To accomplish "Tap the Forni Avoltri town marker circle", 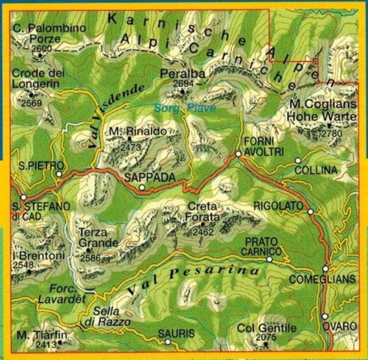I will coord(238,154).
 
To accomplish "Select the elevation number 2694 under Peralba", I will coord(182,84).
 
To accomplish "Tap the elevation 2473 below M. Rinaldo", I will coord(130,147).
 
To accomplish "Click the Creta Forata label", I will coord(204,212).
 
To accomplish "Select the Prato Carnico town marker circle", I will coord(269,259).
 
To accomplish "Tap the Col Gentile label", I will coord(266,328).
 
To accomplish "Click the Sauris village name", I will coord(177,334).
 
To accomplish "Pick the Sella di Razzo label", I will coord(107,317).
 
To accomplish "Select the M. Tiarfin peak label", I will coord(40,335).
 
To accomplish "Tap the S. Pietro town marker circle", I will coord(60,174).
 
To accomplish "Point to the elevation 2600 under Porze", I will coord(42,49).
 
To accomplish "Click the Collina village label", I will coord(314,170).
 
